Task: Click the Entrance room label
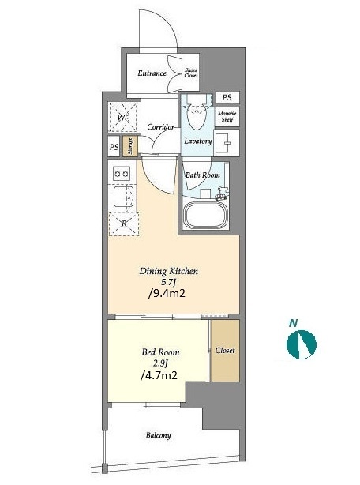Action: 152,73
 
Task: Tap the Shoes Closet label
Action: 191,73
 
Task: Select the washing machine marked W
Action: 122,118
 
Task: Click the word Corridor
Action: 160,127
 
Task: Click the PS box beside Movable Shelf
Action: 227,97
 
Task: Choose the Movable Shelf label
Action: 227,116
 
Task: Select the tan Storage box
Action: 130,146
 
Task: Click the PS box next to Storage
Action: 114,147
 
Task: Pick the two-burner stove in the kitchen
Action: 122,174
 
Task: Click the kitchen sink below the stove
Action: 124,197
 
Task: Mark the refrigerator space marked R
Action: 124,224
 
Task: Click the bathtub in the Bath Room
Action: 205,216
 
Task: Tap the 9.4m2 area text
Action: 167,293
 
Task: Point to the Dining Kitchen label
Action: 169,271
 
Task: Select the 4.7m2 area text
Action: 159,375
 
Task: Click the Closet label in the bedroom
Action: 225,351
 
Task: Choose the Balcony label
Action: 158,435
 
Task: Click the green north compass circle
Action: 302,344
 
